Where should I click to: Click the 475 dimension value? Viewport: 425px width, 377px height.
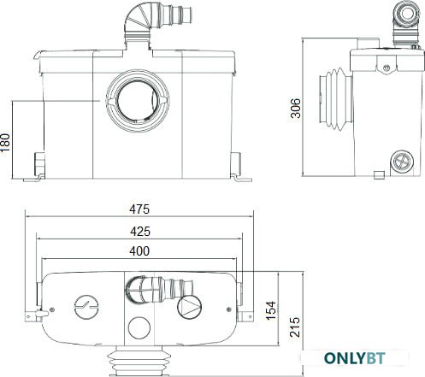pyautogui.click(x=139, y=209)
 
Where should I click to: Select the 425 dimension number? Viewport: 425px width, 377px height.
pyautogui.click(x=140, y=232)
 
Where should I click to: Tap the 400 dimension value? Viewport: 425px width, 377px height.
pyautogui.click(x=139, y=251)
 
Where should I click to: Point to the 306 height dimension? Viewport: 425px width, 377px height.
pyautogui.click(x=295, y=109)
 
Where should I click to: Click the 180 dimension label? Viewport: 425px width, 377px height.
pyautogui.click(x=5, y=142)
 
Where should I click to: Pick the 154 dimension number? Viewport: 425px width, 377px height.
pyautogui.click(x=271, y=310)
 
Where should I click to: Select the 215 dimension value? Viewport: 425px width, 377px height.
pyautogui.click(x=295, y=327)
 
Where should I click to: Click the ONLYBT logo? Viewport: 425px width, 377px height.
pyautogui.click(x=355, y=358)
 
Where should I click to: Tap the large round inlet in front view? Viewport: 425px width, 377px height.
pyautogui.click(x=138, y=101)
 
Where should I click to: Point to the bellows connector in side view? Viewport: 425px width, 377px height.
pyautogui.click(x=335, y=99)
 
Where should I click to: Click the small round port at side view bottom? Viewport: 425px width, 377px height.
pyautogui.click(x=403, y=162)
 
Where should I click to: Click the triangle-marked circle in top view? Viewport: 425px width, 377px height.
pyautogui.click(x=189, y=307)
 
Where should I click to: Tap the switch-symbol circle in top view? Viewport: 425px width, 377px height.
pyautogui.click(x=86, y=307)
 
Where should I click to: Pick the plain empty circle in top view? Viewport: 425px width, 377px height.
pyautogui.click(x=139, y=327)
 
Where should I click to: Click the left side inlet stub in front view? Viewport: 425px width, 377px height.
pyautogui.click(x=39, y=164)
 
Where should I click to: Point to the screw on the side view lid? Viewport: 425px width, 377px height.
pyautogui.click(x=387, y=68)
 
